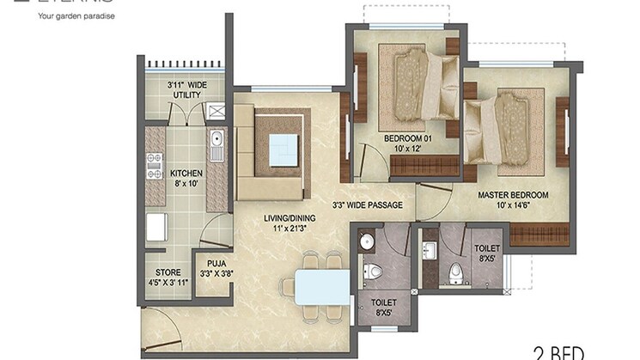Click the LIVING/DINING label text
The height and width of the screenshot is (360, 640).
click(x=287, y=223)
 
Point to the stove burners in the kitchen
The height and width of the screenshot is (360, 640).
click(x=155, y=166)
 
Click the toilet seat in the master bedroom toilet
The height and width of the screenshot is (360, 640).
click(x=457, y=272)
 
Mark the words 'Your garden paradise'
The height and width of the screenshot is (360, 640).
click(x=76, y=15)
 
